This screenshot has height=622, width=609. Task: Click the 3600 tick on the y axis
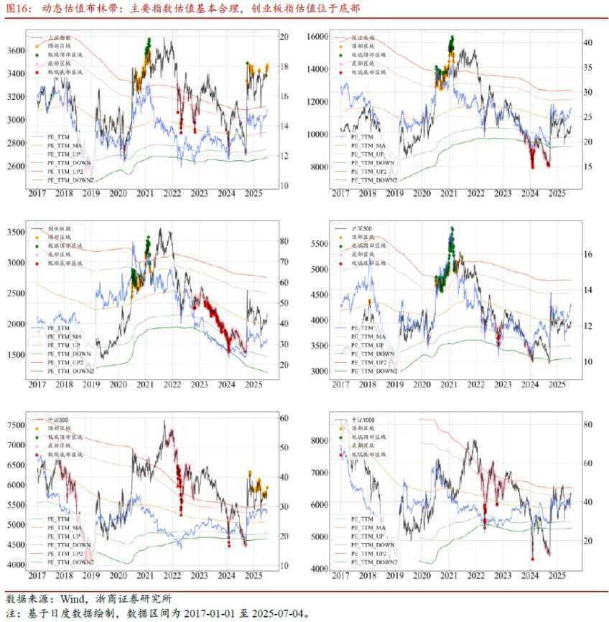point(16,51)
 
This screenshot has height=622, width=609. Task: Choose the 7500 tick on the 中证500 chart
point(16,425)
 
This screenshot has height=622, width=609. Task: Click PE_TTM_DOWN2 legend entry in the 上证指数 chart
point(70,180)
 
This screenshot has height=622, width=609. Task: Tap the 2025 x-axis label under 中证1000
point(555,577)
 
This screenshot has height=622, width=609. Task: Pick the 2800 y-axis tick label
point(16,143)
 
